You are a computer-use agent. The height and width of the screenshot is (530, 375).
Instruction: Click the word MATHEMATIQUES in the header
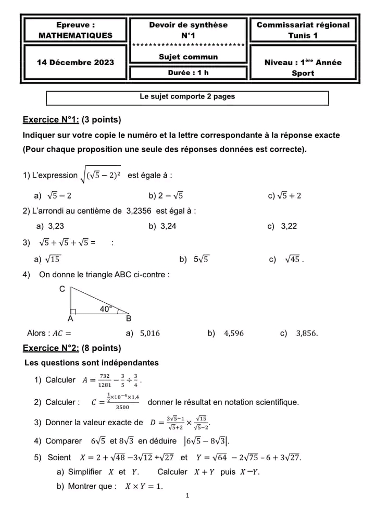click(x=75, y=35)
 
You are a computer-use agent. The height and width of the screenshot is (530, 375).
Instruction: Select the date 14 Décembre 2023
click(x=75, y=63)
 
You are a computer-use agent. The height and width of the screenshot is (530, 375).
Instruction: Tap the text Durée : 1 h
click(x=188, y=73)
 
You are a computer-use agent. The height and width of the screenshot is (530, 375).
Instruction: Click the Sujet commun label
click(x=188, y=57)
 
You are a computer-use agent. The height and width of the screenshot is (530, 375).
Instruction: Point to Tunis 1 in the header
click(x=303, y=35)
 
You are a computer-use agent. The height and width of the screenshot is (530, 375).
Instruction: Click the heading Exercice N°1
click(x=51, y=120)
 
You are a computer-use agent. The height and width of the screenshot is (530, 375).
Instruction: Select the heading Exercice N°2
click(x=51, y=348)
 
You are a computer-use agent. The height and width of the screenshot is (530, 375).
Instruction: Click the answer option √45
click(x=293, y=260)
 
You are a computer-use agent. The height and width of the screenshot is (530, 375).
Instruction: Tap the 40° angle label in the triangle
click(x=106, y=309)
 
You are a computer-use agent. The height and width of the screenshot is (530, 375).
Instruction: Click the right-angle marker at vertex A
click(x=73, y=311)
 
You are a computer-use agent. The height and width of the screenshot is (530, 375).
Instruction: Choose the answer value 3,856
click(x=306, y=334)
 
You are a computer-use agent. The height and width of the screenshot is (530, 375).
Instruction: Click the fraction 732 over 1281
click(x=105, y=380)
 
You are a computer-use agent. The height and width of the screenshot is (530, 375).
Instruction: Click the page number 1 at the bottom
click(x=187, y=495)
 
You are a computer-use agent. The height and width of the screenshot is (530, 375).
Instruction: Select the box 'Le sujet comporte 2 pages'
click(x=187, y=97)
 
